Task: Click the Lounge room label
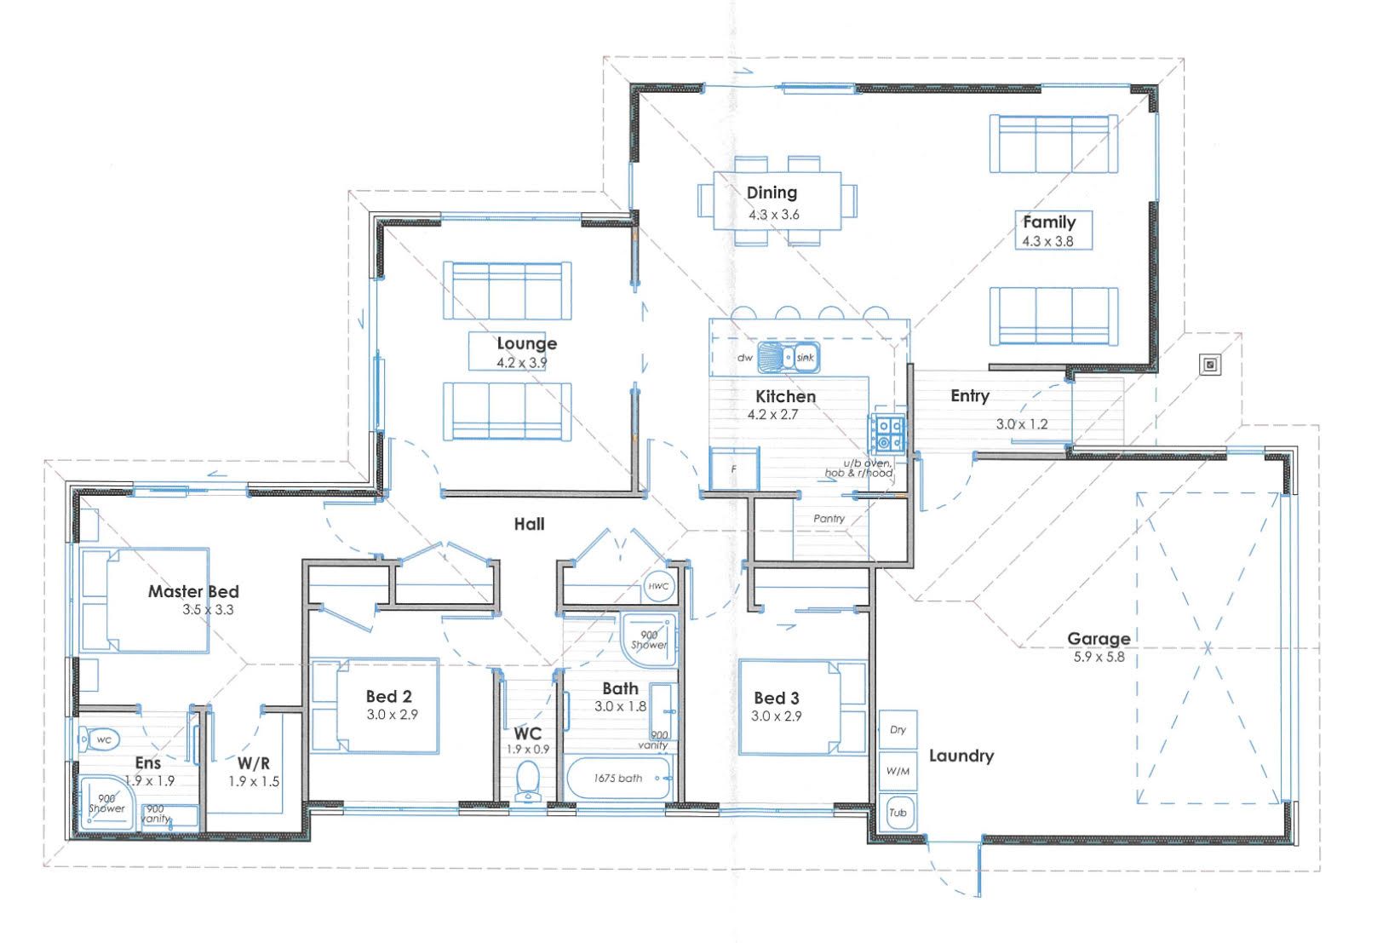(x=527, y=343)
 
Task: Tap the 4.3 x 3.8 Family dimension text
(x=1047, y=241)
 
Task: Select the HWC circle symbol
(x=658, y=586)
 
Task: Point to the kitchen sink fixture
(x=788, y=357)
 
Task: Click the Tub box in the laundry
(x=898, y=813)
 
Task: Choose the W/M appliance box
(x=898, y=771)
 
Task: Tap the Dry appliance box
(x=898, y=730)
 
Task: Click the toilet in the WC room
(x=527, y=781)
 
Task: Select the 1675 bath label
(x=617, y=779)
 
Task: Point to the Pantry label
(x=829, y=518)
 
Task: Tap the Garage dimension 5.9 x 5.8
(x=1099, y=657)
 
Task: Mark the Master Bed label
(x=193, y=591)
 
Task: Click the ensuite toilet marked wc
(x=100, y=739)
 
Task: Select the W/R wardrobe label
(x=253, y=763)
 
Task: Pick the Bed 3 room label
(x=777, y=698)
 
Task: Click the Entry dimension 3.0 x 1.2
(x=1022, y=424)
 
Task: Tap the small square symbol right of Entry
(x=1210, y=365)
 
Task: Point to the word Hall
(x=530, y=524)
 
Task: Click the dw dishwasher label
(x=744, y=358)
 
